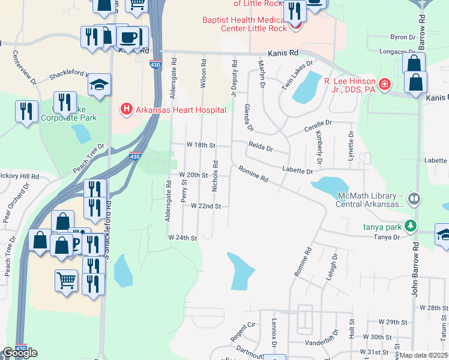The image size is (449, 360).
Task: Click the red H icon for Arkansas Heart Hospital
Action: point(127,109)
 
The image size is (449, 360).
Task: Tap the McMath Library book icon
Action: point(414,199)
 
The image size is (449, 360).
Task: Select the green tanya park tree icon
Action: point(411,226)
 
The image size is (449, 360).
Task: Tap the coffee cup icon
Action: point(130,37)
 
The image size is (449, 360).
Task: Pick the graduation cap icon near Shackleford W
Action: point(99,85)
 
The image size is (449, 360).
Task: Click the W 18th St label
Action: point(200,145)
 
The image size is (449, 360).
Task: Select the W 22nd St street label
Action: point(206,206)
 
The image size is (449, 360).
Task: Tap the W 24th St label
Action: point(182,238)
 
